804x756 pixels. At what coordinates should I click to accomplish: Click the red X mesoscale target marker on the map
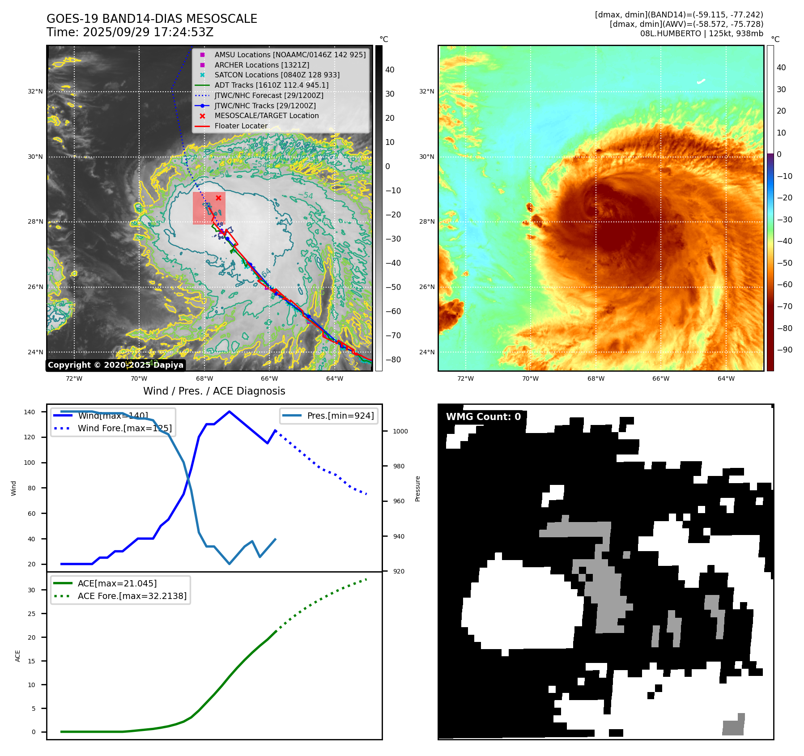click(x=218, y=198)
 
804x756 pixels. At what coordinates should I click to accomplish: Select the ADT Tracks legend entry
click(x=271, y=85)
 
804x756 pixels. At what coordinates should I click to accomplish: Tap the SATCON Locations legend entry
click(x=277, y=75)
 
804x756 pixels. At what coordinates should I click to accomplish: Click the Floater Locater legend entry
click(x=241, y=126)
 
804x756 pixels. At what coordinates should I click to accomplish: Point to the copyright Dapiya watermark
click(x=115, y=365)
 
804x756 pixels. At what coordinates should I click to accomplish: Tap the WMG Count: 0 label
click(x=483, y=417)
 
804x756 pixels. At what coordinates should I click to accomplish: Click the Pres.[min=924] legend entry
click(x=340, y=416)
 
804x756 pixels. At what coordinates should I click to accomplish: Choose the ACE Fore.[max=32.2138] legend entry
click(x=132, y=596)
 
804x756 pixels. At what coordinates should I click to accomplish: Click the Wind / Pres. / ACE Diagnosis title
click(x=214, y=391)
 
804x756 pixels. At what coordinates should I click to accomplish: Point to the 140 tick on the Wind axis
click(x=30, y=412)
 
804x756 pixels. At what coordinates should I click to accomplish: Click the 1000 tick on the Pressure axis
click(x=400, y=431)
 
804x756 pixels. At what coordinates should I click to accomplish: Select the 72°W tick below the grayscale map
click(x=74, y=378)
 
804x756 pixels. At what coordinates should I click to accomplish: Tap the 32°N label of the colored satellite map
click(x=426, y=91)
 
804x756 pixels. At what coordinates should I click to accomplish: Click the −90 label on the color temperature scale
click(x=784, y=350)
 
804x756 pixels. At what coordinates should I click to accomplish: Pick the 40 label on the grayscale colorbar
click(x=390, y=70)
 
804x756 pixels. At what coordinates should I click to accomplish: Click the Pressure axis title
click(x=417, y=488)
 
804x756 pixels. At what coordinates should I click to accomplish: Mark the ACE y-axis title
click(x=18, y=656)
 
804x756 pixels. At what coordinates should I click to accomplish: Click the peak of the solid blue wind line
click(x=229, y=412)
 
